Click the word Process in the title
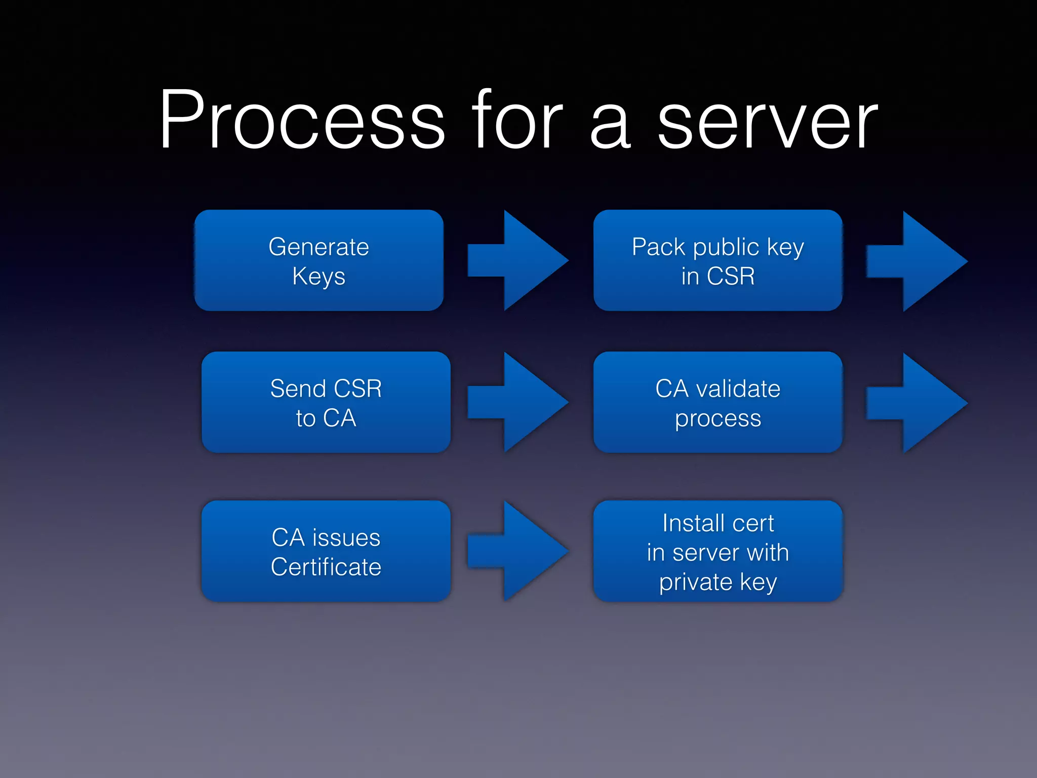tap(302, 121)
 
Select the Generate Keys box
tap(319, 260)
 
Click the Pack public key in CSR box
tap(717, 260)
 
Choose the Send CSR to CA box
tap(326, 402)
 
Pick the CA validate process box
tap(717, 402)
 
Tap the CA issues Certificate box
tap(326, 551)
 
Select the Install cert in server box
tap(717, 551)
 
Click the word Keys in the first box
tap(318, 277)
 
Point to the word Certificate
tap(326, 567)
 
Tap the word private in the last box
tap(695, 582)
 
